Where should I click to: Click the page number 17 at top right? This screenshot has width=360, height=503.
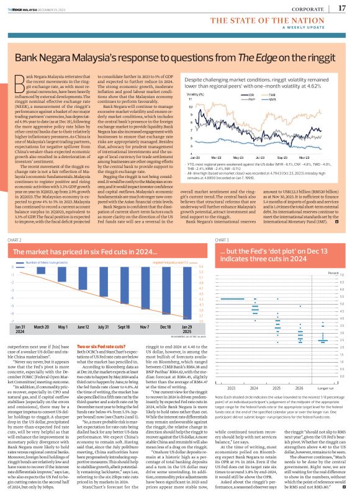(342, 7)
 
